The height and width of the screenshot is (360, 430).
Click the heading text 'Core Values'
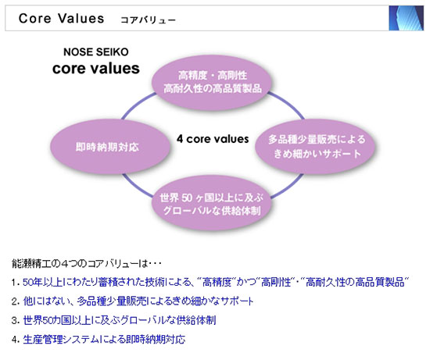61,19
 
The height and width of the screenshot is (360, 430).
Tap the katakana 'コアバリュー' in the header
148,20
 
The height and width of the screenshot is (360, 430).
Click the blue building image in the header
406,18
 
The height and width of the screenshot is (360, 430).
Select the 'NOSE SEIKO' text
96,52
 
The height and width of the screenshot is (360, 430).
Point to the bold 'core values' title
96,68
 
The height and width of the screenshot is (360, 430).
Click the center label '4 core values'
213,139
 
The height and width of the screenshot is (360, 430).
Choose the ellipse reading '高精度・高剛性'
212,83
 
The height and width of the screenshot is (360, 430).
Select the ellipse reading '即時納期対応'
109,147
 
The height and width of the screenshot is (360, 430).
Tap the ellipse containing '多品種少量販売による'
315,147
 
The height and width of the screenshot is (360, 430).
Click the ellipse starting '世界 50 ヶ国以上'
212,203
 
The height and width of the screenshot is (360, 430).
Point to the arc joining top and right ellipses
288,104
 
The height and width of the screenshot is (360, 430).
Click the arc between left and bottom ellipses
136,187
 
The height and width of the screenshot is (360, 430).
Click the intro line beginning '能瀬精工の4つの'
87,264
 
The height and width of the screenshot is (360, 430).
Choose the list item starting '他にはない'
138,301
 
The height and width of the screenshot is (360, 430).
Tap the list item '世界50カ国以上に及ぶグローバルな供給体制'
120,320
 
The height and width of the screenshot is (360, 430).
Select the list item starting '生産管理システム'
104,340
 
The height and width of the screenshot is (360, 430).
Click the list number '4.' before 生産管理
16,340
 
